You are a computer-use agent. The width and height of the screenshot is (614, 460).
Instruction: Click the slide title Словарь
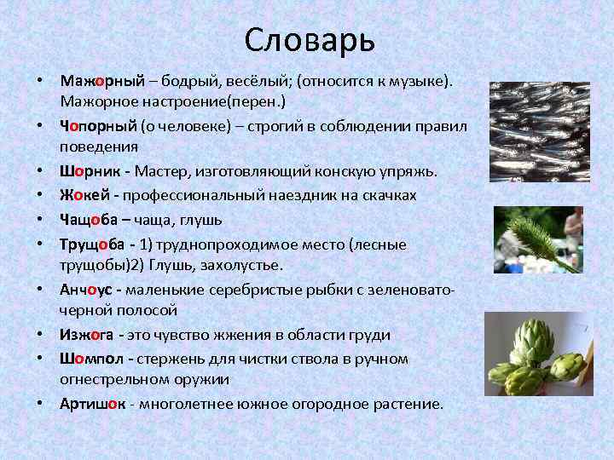click(309, 38)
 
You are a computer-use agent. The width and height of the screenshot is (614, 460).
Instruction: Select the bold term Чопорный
click(98, 126)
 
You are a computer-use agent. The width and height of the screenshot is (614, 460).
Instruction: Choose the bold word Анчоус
click(89, 290)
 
